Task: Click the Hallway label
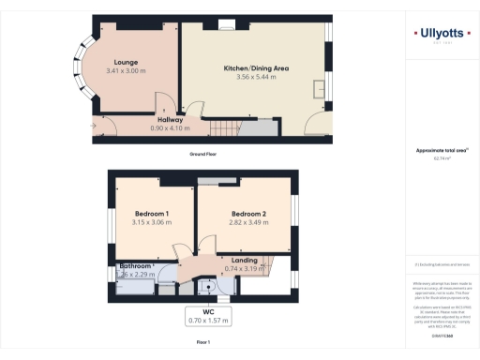pos(170,119)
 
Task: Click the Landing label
pos(244,260)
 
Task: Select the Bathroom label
pos(135,266)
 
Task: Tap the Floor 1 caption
pos(202,343)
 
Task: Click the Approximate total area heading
pos(440,151)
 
